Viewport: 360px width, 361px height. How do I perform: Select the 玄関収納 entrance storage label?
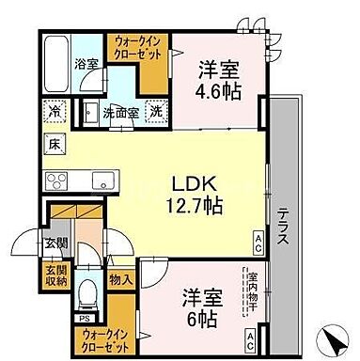point(55,275)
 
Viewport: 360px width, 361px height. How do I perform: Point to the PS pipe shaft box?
point(83,318)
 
